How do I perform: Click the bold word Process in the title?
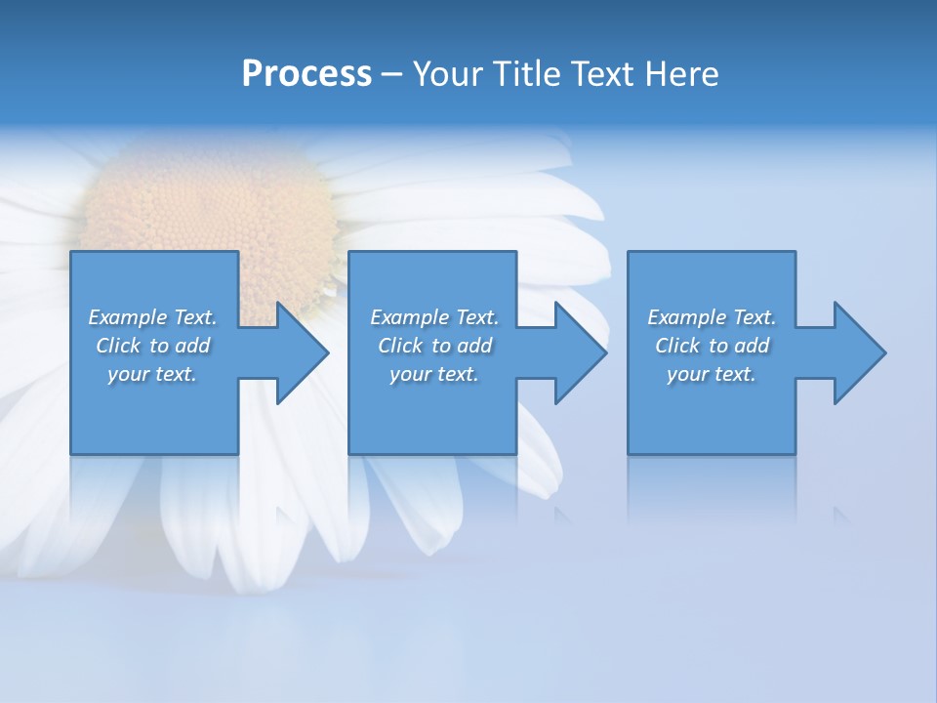coord(306,74)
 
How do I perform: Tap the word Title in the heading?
coord(528,74)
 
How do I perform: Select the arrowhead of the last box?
coord(858,352)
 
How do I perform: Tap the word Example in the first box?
coord(127,317)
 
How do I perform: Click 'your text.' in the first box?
coord(152,374)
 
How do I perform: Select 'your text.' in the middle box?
coord(433,374)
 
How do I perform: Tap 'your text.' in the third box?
coord(712,374)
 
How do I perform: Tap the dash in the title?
coord(392,74)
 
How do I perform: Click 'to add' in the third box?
coord(741,346)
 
